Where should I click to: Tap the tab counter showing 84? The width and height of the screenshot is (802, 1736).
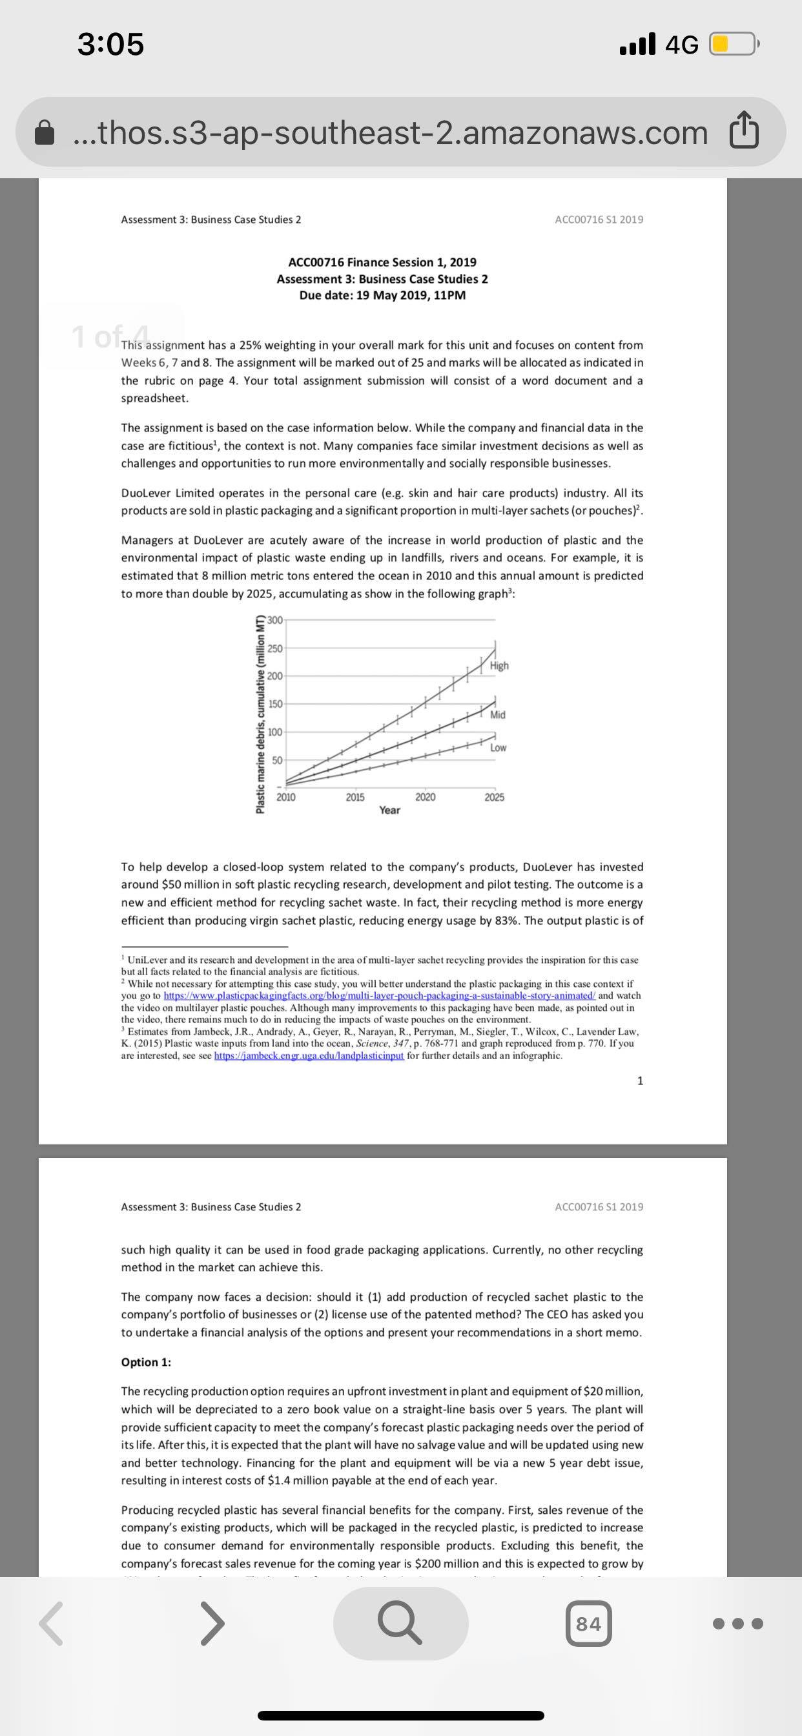pyautogui.click(x=588, y=1625)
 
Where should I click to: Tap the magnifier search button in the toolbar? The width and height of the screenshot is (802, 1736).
pyautogui.click(x=400, y=1624)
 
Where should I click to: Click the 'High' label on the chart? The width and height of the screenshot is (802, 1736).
pyautogui.click(x=499, y=666)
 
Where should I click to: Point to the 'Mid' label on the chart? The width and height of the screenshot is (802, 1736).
pyautogui.click(x=498, y=714)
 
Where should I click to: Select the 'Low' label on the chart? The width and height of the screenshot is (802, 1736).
pyautogui.click(x=498, y=748)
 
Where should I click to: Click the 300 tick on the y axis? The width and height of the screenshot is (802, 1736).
pyautogui.click(x=275, y=620)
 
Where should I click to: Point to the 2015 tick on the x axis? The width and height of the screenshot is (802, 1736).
pyautogui.click(x=355, y=797)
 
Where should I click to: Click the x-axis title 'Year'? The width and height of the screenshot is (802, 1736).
pyautogui.click(x=389, y=810)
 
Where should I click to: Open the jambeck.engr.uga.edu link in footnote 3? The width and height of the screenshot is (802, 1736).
pyautogui.click(x=309, y=1056)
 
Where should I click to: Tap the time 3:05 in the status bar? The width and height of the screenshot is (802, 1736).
pyautogui.click(x=110, y=45)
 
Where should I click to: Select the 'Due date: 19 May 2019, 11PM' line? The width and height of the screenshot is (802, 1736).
pyautogui.click(x=382, y=296)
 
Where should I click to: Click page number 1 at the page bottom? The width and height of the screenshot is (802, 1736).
pyautogui.click(x=639, y=1081)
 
